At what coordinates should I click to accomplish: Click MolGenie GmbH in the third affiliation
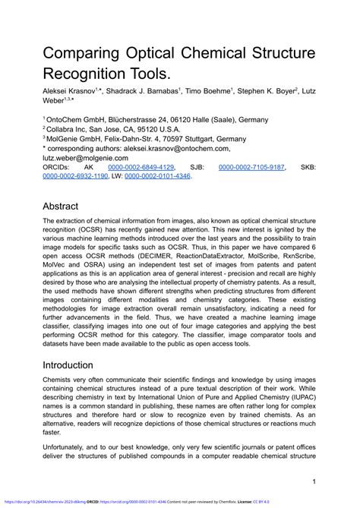pyautogui.click(x=74, y=138)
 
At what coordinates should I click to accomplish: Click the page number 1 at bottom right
pyautogui.click(x=314, y=481)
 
